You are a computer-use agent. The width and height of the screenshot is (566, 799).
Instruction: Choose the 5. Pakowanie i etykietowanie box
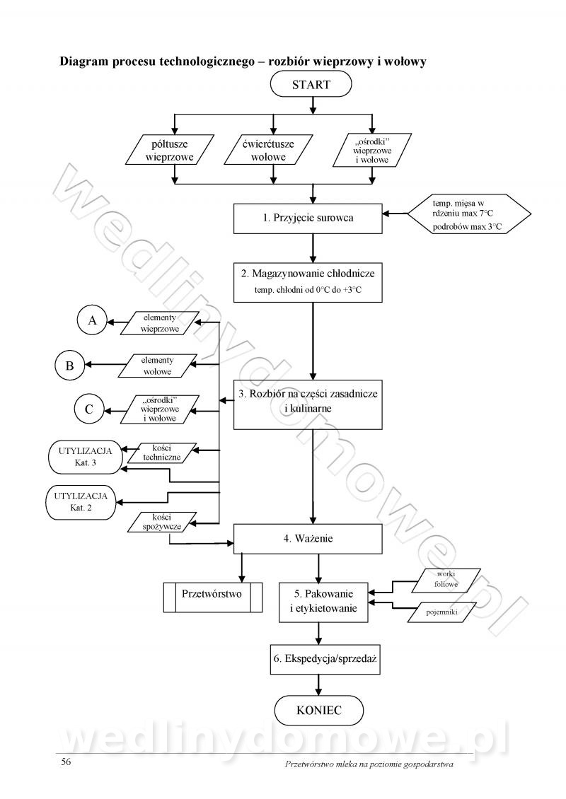tap(323, 601)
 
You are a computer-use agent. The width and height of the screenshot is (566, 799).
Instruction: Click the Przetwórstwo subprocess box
tap(212, 594)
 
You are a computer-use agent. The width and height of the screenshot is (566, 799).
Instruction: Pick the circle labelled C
tap(89, 409)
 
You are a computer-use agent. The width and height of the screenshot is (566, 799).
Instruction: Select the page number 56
tap(66, 762)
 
